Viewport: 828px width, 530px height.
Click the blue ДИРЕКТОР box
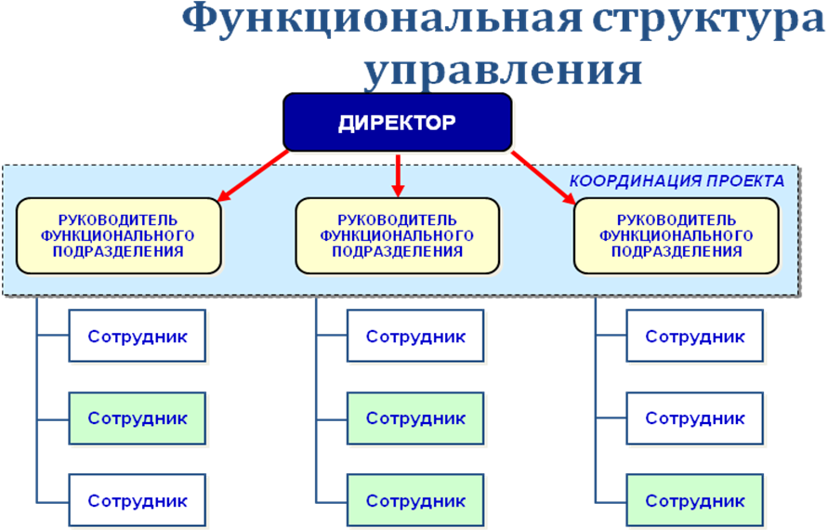398,123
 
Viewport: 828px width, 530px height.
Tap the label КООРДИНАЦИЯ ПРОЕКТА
676,180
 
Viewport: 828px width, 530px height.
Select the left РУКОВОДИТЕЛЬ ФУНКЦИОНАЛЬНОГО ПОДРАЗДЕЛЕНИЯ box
119,235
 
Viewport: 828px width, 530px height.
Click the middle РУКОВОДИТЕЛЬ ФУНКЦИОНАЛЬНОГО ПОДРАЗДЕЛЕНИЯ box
397,235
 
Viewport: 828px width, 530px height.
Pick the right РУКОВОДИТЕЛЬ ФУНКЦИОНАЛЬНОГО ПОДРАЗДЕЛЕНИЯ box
676,235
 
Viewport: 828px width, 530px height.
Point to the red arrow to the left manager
253,175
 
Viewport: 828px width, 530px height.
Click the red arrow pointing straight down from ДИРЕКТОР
398,175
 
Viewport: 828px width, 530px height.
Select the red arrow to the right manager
543,175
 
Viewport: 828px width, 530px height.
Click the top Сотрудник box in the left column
138,336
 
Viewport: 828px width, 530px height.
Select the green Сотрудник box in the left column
138,418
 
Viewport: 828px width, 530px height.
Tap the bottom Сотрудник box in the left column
138,500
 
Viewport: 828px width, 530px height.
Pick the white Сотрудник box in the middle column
415,336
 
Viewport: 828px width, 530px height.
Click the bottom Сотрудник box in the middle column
415,500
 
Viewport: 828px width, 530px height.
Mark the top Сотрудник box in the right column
694,336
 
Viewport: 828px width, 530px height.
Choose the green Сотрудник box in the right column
694,500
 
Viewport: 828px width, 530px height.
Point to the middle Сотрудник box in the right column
694,418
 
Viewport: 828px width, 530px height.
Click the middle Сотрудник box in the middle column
415,418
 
